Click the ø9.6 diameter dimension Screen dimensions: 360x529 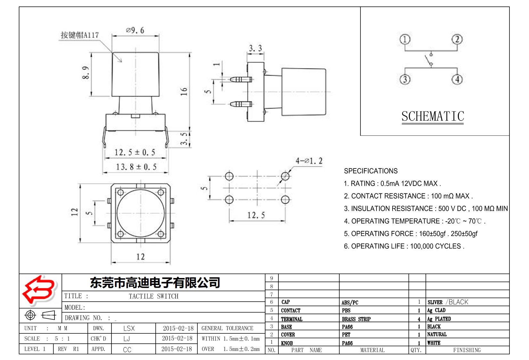(135, 30)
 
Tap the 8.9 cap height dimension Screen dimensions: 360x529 (86, 73)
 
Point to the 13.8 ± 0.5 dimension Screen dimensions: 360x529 (136, 167)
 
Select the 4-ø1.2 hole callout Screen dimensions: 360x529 (309, 161)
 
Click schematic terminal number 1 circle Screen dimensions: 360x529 (405, 39)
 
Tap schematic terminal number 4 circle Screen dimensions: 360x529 (457, 79)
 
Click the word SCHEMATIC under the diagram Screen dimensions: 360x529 (433, 116)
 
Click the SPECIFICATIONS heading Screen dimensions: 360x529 (371, 171)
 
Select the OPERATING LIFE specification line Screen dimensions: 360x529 (404, 246)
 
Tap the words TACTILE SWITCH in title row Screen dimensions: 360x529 (153, 296)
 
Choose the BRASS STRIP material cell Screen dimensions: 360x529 (356, 319)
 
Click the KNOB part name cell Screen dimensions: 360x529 (287, 343)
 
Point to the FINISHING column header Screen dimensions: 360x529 (467, 350)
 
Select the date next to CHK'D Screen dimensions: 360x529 (177, 339)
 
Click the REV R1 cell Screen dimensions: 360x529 (68, 349)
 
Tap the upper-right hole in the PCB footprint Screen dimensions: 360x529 (285, 176)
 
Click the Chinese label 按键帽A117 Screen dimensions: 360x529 (80, 35)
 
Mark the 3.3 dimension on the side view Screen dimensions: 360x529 (255, 48)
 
